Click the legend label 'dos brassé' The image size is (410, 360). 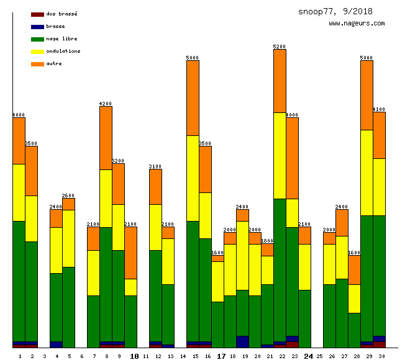[x=61, y=14]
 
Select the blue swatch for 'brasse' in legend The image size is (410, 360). [x=37, y=26]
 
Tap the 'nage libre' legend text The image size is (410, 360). [x=61, y=38]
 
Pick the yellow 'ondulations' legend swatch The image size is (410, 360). [x=37, y=51]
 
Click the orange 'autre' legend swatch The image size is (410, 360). [x=37, y=63]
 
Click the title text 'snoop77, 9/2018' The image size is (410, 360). [x=335, y=11]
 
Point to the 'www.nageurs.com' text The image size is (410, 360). [x=357, y=24]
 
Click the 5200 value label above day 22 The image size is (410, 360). [x=280, y=47]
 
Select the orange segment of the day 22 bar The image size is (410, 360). [x=280, y=81]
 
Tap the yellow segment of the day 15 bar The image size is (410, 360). [x=193, y=178]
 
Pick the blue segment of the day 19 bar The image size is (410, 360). [x=242, y=341]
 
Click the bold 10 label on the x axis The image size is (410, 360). [x=134, y=356]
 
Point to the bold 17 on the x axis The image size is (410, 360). [x=221, y=356]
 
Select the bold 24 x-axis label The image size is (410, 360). [x=308, y=356]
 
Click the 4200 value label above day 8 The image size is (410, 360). [x=106, y=104]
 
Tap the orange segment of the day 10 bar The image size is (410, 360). [x=130, y=253]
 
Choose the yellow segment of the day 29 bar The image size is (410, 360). [x=367, y=173]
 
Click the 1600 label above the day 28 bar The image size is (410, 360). [x=354, y=253]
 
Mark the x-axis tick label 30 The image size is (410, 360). [x=379, y=356]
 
